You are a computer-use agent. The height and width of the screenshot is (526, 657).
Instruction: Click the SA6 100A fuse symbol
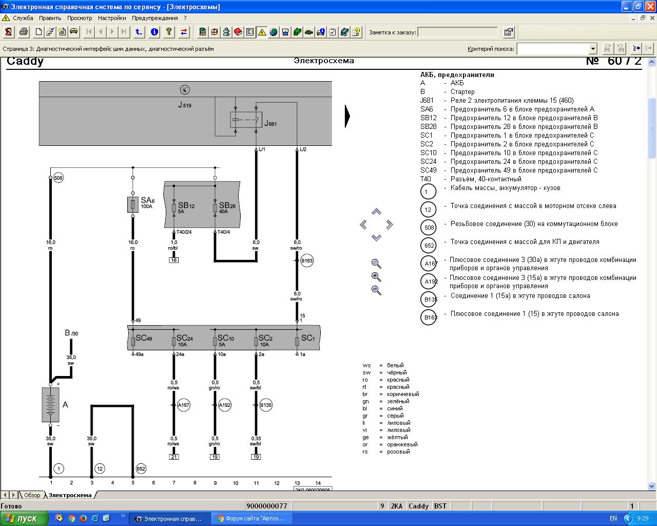click(x=133, y=204)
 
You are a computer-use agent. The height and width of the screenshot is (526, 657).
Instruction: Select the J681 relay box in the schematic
click(x=246, y=120)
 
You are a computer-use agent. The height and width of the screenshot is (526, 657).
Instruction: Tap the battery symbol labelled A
click(x=50, y=405)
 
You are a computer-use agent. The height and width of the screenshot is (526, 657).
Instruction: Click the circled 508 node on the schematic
click(x=59, y=178)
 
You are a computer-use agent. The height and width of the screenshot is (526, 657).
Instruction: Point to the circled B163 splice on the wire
click(x=307, y=261)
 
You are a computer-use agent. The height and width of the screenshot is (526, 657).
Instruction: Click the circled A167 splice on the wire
click(x=183, y=405)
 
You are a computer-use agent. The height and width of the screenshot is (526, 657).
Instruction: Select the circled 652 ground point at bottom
click(x=141, y=468)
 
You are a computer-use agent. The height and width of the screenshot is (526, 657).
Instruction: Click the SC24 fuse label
click(x=185, y=338)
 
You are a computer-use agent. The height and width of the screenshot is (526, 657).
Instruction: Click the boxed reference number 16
click(x=173, y=260)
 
